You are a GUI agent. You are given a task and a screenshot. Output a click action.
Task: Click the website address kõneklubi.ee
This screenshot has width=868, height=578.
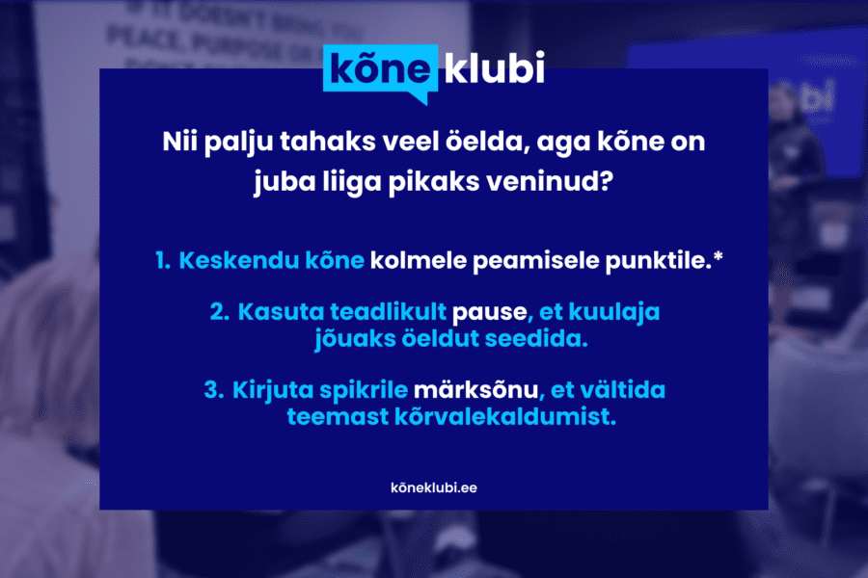point(433,487)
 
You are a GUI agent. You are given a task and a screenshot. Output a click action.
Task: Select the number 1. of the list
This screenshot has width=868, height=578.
point(162,261)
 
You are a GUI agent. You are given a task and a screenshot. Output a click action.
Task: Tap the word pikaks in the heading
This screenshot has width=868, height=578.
point(433,180)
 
